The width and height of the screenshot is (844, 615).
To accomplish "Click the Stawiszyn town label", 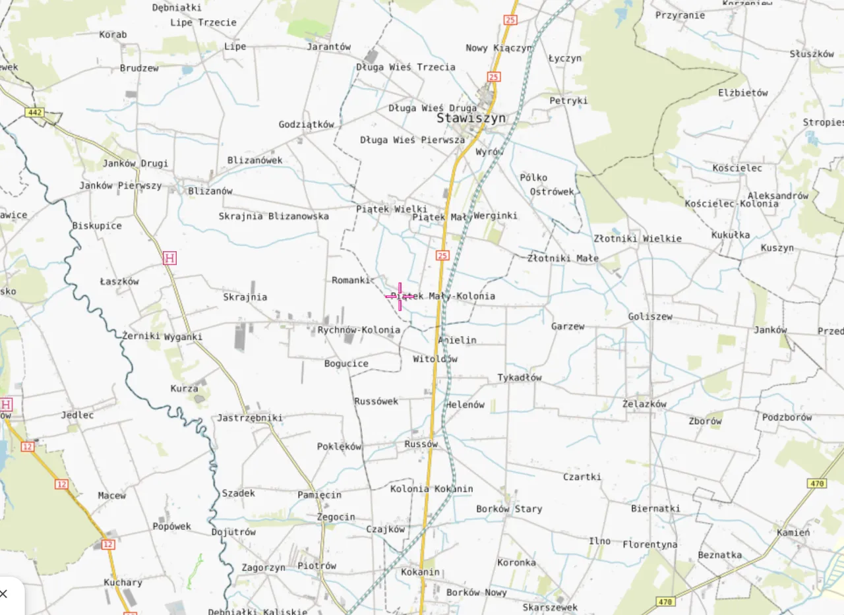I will coord(471,119).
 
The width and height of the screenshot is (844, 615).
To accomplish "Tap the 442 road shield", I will coord(35,113).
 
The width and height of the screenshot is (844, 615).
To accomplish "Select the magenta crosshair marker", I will coord(400,297).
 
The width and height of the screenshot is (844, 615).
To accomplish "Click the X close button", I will coord(4,594).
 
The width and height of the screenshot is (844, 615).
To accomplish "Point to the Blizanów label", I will coord(210,191).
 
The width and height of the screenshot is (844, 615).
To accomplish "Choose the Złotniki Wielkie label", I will coord(638,239).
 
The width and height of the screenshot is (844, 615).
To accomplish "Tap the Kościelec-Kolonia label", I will coord(731,204).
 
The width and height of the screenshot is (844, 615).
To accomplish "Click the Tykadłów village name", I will coord(520,378).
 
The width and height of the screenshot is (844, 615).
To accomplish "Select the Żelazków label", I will coord(644,404).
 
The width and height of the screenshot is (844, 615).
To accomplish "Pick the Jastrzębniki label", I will coord(250,418).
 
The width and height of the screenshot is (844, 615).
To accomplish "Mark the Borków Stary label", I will coord(509,509).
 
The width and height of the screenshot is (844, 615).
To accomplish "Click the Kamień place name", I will coord(793,533).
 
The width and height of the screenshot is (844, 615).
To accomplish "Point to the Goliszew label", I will coord(650,316).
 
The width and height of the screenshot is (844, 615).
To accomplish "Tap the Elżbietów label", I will coord(743,93).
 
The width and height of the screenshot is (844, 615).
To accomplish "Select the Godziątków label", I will coord(307,125).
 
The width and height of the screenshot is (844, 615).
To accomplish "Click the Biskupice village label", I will coord(97,225).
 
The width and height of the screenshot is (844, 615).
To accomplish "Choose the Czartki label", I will coord(582,477).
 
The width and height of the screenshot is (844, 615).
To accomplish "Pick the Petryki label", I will coord(568,101).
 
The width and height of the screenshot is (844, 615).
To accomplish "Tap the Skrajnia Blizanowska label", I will coord(274,216).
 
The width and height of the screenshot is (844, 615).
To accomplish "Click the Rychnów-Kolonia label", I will coord(359,330).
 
